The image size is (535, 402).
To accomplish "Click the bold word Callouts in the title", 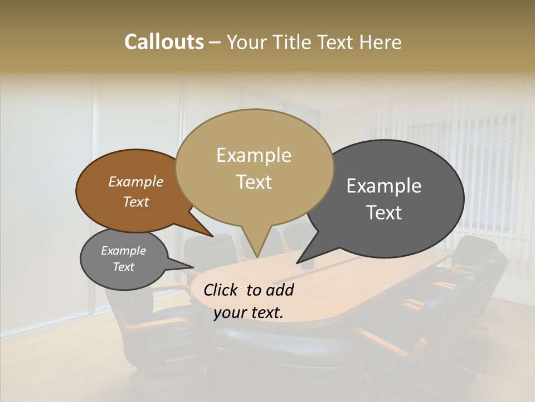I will point(164,42).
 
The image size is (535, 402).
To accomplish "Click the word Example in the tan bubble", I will point(254,155).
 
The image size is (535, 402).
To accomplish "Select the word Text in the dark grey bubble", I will point(384,213).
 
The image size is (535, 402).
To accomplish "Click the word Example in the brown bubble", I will point(135,181).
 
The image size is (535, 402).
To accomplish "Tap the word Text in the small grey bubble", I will point(124,267).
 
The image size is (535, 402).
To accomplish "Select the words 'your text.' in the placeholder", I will point(248,313).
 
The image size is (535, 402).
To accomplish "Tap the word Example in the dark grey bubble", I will point(384,186).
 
